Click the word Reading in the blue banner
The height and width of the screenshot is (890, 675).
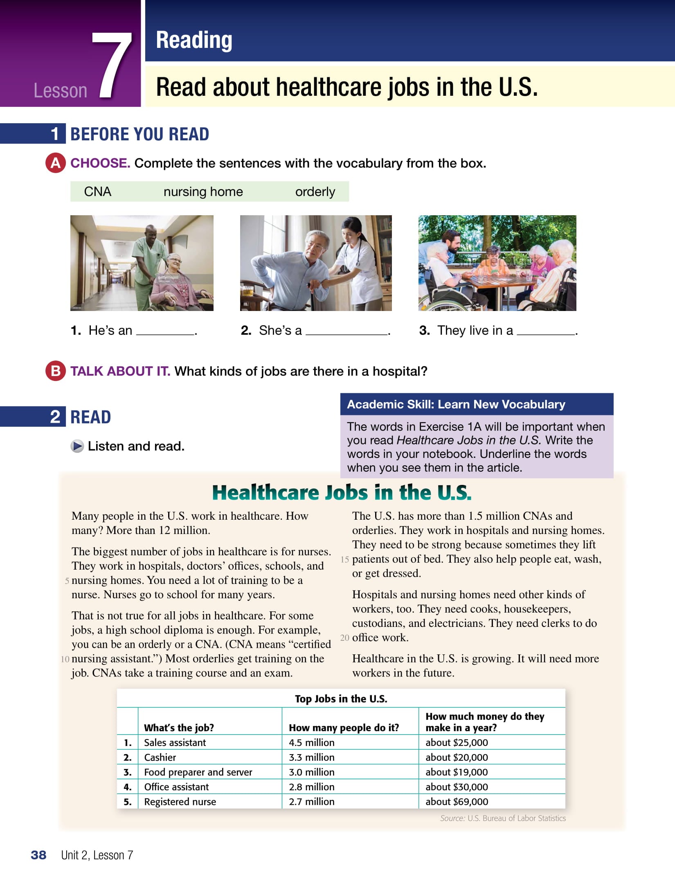point(194,40)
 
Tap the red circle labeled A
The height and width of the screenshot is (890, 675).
point(55,163)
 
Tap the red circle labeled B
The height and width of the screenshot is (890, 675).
point(55,371)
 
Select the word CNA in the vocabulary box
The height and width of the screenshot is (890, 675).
point(97,192)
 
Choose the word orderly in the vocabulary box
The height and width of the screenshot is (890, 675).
point(315,192)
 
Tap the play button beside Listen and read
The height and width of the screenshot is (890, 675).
point(77,446)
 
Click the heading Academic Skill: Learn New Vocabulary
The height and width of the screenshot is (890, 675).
point(456,404)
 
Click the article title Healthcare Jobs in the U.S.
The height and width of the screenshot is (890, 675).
point(342,492)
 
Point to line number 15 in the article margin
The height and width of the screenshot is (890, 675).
point(344,559)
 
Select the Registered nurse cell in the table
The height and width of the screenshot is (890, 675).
point(180,802)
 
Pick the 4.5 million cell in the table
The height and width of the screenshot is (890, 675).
point(312,742)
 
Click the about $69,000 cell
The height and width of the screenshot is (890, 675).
point(457,802)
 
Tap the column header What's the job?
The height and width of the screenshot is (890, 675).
point(179,728)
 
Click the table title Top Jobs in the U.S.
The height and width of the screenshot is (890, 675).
point(341,698)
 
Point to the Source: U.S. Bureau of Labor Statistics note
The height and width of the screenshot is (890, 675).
point(503,818)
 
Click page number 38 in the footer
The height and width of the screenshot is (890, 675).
point(38,855)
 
